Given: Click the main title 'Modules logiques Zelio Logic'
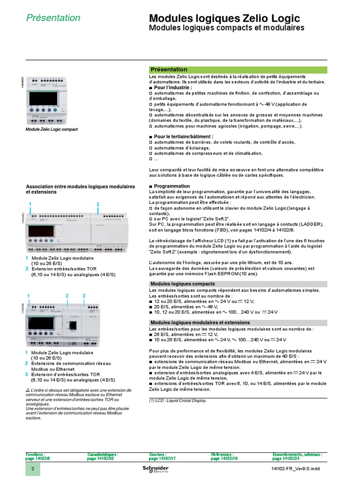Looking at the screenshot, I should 224,18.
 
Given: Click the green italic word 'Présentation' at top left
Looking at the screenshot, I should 53,18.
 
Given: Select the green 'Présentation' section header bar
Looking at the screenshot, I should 238,69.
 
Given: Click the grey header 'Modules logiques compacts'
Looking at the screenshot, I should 183,284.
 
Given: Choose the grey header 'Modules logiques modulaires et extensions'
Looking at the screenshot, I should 200,322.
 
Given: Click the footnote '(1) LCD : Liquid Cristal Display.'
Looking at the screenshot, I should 178,401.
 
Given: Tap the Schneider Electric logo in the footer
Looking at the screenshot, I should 155,470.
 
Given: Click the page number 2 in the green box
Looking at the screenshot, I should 32,470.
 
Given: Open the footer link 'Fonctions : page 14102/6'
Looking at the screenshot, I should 37,457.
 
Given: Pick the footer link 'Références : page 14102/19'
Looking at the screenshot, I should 224,457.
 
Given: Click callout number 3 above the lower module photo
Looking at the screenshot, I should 84,296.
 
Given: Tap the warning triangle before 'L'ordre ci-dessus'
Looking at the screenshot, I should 28,390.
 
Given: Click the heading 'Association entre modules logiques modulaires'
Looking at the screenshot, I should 80,187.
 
